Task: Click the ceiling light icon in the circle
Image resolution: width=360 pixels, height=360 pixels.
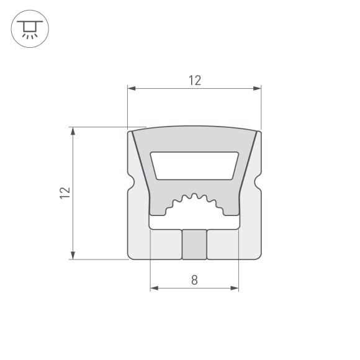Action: point(29,29)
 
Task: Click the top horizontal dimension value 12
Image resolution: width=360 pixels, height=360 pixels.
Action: point(194,80)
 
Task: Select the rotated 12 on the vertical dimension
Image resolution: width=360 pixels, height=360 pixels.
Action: point(65,192)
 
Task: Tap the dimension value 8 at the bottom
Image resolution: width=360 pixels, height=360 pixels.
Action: point(194,280)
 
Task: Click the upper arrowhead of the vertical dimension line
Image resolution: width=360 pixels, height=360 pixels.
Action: point(74,132)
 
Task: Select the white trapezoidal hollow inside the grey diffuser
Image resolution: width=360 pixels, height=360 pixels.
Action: point(194,166)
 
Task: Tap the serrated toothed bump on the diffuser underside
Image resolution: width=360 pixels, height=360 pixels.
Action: point(194,201)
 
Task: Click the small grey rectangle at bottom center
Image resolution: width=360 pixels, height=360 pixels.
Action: point(194,244)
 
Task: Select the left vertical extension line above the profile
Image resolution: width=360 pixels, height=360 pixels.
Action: point(127,109)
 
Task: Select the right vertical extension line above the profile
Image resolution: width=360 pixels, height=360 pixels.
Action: point(261,109)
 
